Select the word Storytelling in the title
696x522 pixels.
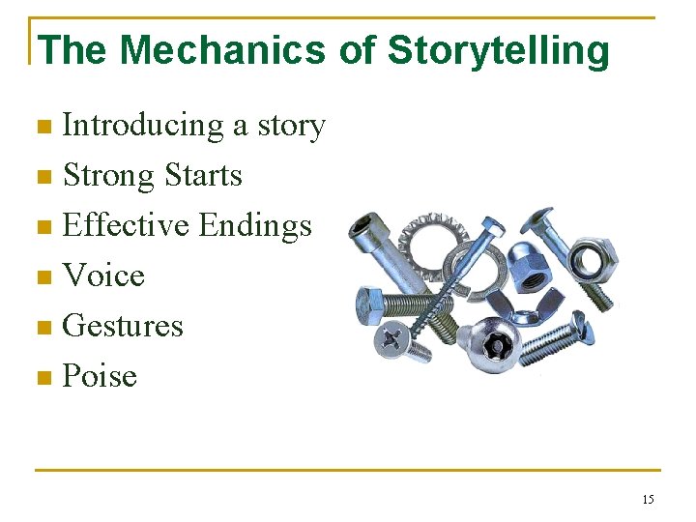point(499,50)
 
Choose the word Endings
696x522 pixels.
point(255,226)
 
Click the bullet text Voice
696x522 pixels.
point(103,276)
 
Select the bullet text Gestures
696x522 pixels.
point(123,327)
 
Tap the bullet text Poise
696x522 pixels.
point(100,377)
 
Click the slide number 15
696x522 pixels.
point(648,500)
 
